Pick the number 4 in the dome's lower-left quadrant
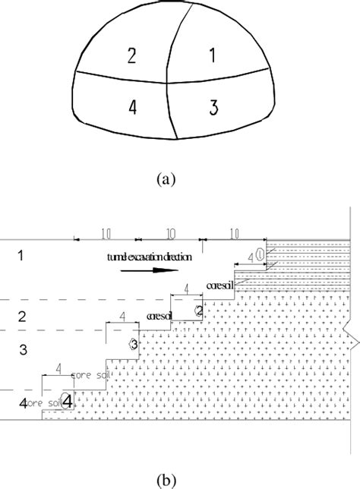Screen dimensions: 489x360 [132, 107]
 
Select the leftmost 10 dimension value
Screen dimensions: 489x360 [104, 231]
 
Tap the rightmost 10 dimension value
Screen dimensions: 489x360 [234, 231]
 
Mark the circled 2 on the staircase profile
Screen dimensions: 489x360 [198, 310]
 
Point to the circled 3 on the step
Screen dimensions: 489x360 [134, 344]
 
